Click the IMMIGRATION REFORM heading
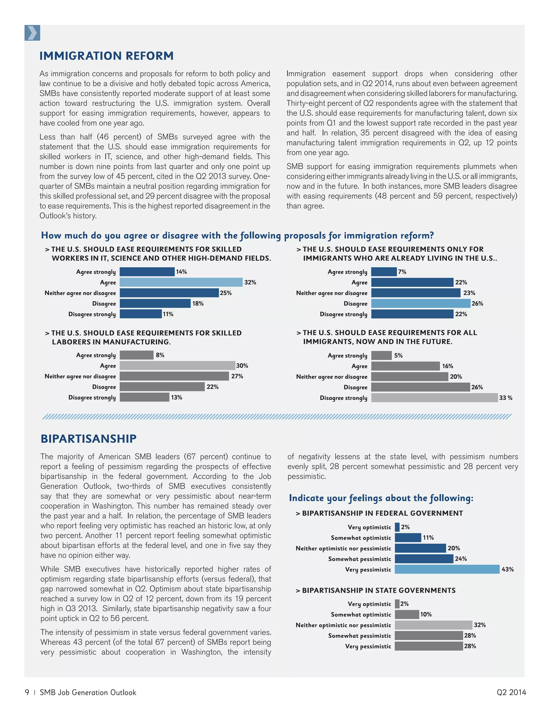point(106,56)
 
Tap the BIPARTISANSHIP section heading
point(88,439)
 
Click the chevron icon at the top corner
point(32,33)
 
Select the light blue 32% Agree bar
point(181,282)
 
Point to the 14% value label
point(181,272)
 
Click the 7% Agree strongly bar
point(384,272)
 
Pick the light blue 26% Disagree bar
point(421,303)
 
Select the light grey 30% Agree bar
point(177,366)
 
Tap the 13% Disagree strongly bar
point(144,397)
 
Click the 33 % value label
point(505,398)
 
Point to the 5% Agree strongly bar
point(381,355)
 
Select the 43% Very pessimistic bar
point(447,569)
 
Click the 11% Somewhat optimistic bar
point(408,538)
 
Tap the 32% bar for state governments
point(433,625)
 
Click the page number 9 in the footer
point(27,692)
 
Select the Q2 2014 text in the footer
point(511,692)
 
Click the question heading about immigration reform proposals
point(238,235)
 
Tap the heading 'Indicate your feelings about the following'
point(381,498)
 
